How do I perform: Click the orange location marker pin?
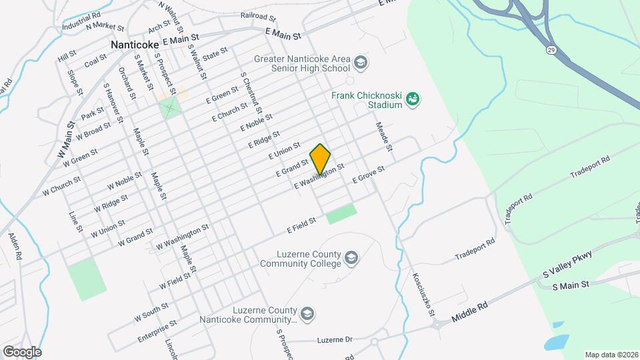320,159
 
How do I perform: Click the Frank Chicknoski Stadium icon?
413,99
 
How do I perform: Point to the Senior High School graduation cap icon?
361,63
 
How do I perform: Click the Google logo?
22,351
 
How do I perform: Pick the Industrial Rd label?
81,21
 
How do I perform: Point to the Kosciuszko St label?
423,294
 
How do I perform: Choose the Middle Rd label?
470,312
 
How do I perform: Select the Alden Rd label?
15,246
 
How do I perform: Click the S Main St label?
571,285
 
